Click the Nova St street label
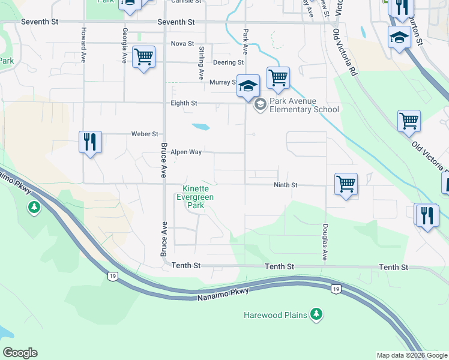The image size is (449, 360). click(182, 44)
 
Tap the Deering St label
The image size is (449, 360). click(228, 62)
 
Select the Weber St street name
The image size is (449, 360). click(145, 134)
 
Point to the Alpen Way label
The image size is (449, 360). click(185, 152)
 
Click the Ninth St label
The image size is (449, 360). click(286, 185)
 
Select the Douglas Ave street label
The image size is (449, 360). click(325, 242)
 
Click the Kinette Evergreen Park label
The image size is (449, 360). click(198, 197)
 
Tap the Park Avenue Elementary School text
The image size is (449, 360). click(304, 105)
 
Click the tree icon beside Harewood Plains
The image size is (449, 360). click(316, 314)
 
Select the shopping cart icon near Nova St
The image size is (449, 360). click(143, 58)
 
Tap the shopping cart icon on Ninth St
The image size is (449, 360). click(346, 184)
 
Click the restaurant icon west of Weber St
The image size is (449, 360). click(90, 142)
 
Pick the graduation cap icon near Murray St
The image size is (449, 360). click(248, 86)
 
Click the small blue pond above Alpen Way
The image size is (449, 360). click(200, 127)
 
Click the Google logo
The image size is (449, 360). click(20, 353)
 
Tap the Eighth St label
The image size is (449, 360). click(184, 103)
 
